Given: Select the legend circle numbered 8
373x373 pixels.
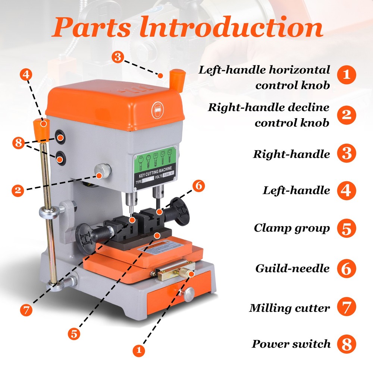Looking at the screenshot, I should coord(347,344).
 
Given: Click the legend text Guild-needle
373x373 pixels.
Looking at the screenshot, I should coord(293,268).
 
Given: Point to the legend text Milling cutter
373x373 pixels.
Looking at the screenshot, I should coord(290,308).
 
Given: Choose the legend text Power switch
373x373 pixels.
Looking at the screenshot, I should coord(291,344).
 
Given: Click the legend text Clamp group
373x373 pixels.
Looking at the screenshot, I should coord(292,228).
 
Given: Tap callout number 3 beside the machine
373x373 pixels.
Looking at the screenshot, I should coord(118,57).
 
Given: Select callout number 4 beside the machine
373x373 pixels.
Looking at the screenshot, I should coord(26,74).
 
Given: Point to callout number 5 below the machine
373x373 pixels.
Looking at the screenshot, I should coord(75,333).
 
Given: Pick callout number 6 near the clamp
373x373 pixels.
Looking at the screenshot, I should coord(199,186).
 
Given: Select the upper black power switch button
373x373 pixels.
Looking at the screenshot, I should coord(60,138).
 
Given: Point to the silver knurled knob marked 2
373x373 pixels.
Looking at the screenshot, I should coord(103,170).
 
